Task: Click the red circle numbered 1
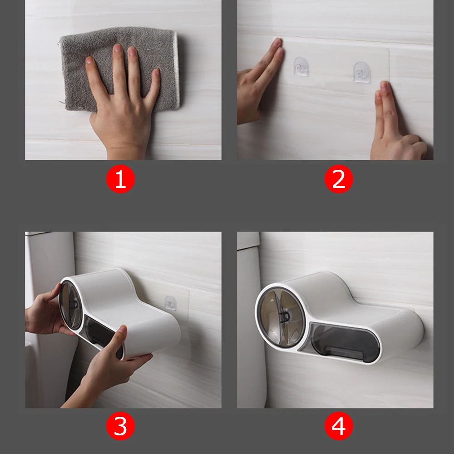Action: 120,180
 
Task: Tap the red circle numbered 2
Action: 339,180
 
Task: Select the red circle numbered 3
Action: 120,427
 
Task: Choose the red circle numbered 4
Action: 339,427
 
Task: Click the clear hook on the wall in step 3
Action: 171,303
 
